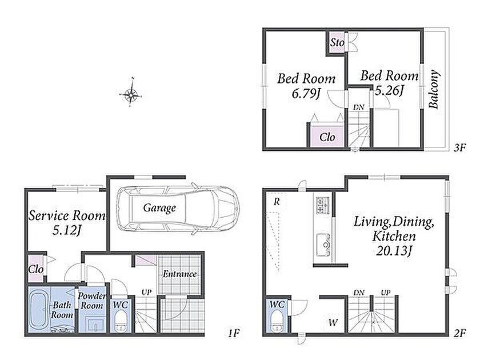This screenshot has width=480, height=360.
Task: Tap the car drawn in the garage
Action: point(178,209)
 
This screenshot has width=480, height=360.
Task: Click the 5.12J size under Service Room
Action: point(66,231)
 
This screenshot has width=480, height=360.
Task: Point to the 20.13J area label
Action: point(394,251)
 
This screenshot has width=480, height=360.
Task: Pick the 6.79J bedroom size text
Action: point(306,93)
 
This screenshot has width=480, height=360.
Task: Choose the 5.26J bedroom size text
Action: point(389,90)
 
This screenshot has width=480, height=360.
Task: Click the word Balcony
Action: point(434,89)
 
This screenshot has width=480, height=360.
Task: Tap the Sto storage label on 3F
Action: point(337,42)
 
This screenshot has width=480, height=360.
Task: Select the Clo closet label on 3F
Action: point(327,137)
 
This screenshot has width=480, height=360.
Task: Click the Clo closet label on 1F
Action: point(36,269)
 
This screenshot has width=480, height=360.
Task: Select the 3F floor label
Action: point(459,148)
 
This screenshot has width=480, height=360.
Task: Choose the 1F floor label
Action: point(233,333)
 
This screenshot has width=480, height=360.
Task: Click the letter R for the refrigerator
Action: point(277,202)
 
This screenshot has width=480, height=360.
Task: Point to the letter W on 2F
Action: point(333,322)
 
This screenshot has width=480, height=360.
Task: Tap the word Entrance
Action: point(179,273)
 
